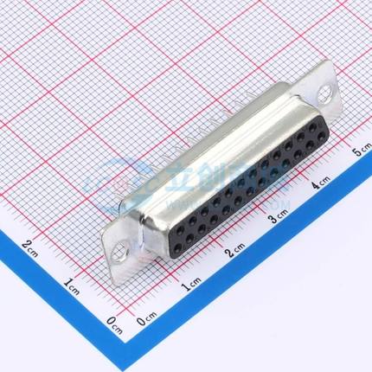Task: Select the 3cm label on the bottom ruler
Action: click(277, 216)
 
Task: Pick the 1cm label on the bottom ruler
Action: click(192, 282)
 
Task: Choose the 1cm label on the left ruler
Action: click(72, 281)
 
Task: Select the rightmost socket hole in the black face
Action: click(312, 126)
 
